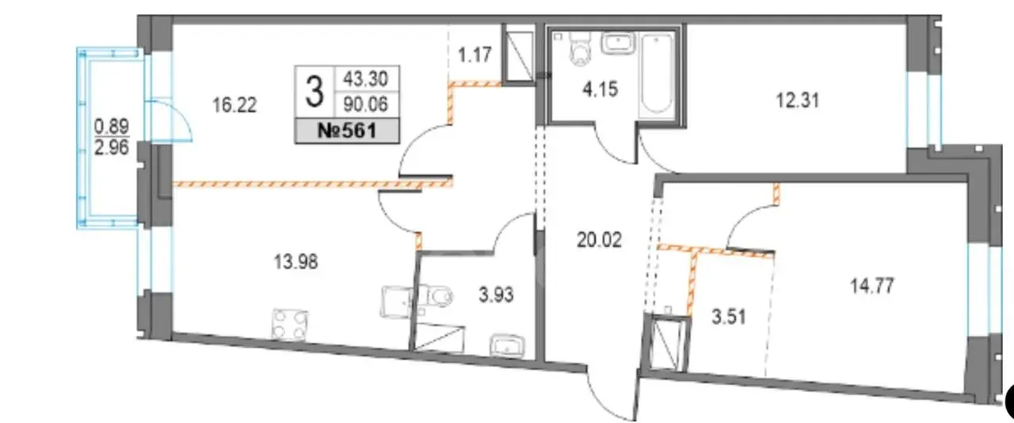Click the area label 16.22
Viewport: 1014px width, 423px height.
click(234, 105)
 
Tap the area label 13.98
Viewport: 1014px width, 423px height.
click(296, 261)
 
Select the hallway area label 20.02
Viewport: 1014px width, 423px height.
click(600, 240)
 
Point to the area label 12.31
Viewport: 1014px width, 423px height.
click(798, 100)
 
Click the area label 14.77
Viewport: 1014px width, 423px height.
click(872, 286)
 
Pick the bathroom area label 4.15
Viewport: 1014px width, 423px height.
click(600, 90)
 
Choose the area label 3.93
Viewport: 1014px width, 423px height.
click(496, 295)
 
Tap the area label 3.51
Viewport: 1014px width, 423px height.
click(729, 317)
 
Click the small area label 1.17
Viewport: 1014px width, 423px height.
click(475, 55)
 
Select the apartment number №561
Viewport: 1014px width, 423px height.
click(347, 131)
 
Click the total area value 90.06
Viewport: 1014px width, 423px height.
click(366, 105)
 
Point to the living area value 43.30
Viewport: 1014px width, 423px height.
click(366, 79)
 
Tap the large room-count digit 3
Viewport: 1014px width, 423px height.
click(314, 92)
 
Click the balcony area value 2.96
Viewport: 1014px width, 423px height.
click(112, 147)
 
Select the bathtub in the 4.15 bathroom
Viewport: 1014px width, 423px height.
click(658, 74)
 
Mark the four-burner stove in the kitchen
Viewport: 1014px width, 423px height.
click(290, 325)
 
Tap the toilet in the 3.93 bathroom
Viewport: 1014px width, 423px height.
click(436, 296)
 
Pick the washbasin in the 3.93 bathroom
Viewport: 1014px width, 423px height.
click(508, 346)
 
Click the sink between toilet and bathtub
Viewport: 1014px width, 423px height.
click(619, 44)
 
